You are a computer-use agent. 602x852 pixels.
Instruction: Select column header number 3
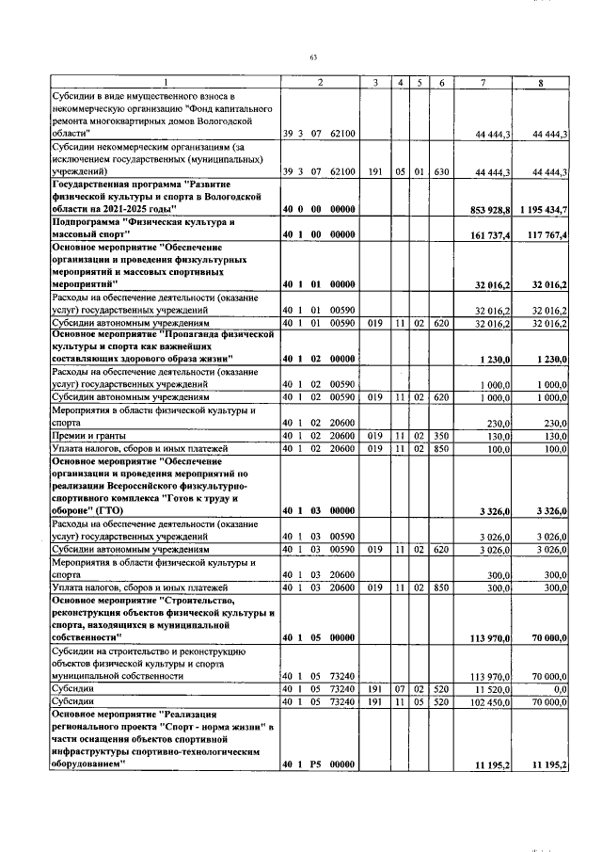click(375, 84)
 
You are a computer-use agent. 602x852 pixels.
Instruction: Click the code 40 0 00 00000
click(318, 208)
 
